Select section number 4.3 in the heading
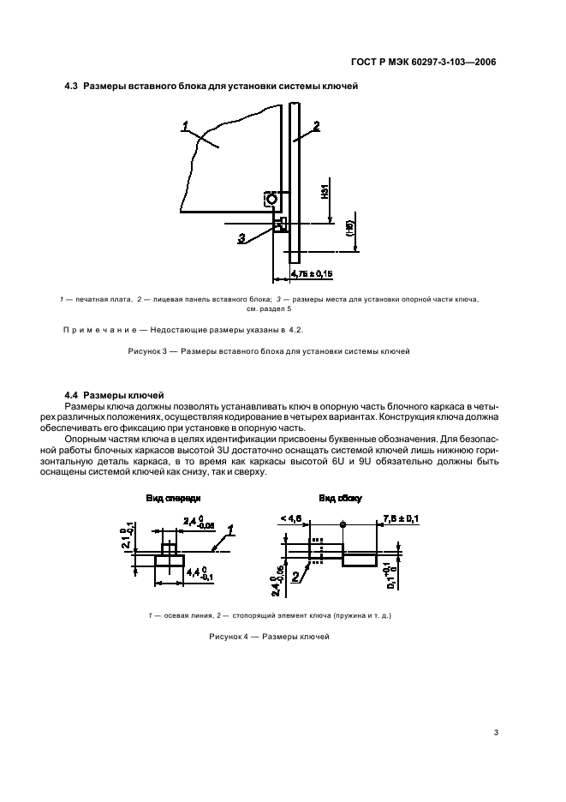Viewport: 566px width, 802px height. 72,87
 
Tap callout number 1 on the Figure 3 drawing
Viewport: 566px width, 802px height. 185,127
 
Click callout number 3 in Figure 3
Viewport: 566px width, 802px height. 241,237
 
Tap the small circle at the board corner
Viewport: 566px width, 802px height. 271,200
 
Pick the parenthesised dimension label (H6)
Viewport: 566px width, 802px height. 349,227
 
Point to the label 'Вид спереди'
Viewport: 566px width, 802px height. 169,498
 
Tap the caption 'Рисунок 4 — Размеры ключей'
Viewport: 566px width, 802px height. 269,637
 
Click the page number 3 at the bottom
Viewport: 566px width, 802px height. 495,733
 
